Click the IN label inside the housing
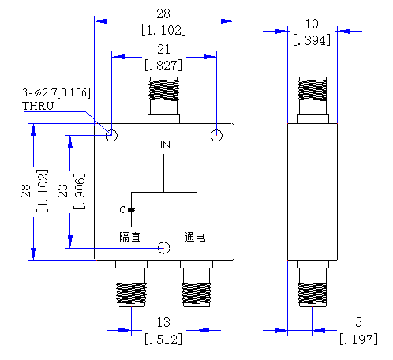pos(165,144)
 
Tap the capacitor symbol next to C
pos(131,210)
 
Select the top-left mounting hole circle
pos(111,136)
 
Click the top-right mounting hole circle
pos(216,136)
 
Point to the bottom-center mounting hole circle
pos(163,248)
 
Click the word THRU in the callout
pos(38,106)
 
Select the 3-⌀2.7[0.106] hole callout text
pos(56,92)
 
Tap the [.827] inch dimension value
pos(163,66)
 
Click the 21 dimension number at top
pos(163,49)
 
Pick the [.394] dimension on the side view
pos(312,40)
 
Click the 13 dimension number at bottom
pos(163,322)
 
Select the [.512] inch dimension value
pos(163,339)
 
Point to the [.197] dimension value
pos(358,339)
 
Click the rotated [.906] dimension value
pos(80,191)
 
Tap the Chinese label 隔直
pos(129,237)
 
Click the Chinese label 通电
pos(195,237)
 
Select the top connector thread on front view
pos(163,89)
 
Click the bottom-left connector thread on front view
pos(131,294)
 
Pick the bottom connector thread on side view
pos(313,294)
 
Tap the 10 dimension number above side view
pos(312,24)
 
